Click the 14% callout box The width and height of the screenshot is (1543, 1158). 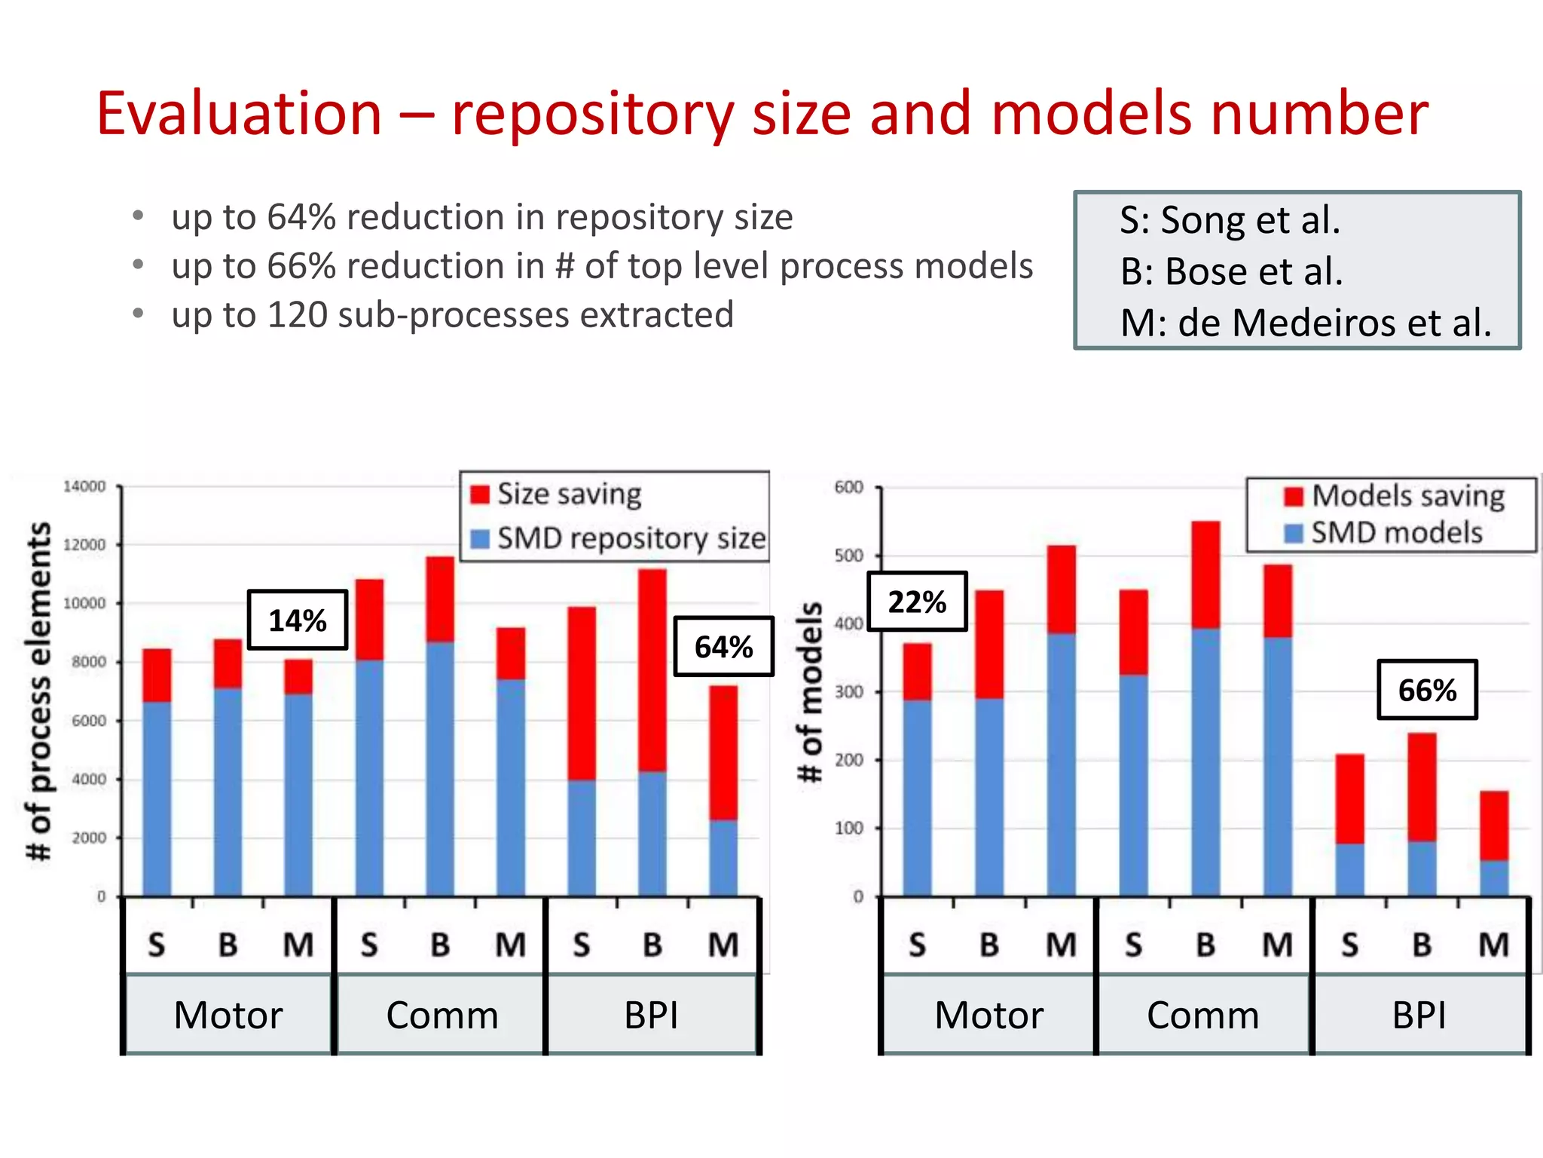click(x=298, y=620)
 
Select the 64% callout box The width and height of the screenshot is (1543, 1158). click(x=723, y=646)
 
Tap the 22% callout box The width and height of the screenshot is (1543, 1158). click(x=917, y=602)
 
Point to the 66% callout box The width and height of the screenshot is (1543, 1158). click(x=1427, y=690)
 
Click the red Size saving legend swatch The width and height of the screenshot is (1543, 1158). click(x=480, y=495)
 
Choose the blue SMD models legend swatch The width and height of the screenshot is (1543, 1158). click(x=1294, y=533)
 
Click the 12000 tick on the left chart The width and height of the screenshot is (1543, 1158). click(x=84, y=544)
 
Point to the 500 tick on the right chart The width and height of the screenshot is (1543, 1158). click(x=849, y=556)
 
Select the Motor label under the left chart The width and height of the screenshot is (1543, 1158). click(x=228, y=1015)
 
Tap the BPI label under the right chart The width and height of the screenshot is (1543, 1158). click(x=1419, y=1015)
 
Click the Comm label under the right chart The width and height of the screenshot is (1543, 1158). click(x=1202, y=1015)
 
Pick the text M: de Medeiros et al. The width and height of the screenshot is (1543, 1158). click(x=1305, y=323)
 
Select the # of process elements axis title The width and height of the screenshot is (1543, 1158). click(x=39, y=690)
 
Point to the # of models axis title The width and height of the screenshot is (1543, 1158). click(x=811, y=691)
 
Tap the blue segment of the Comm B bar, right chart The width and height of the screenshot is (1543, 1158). click(x=1205, y=761)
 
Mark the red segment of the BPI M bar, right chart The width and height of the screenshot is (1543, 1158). click(x=1494, y=826)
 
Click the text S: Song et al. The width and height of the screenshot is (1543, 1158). click(x=1230, y=220)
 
